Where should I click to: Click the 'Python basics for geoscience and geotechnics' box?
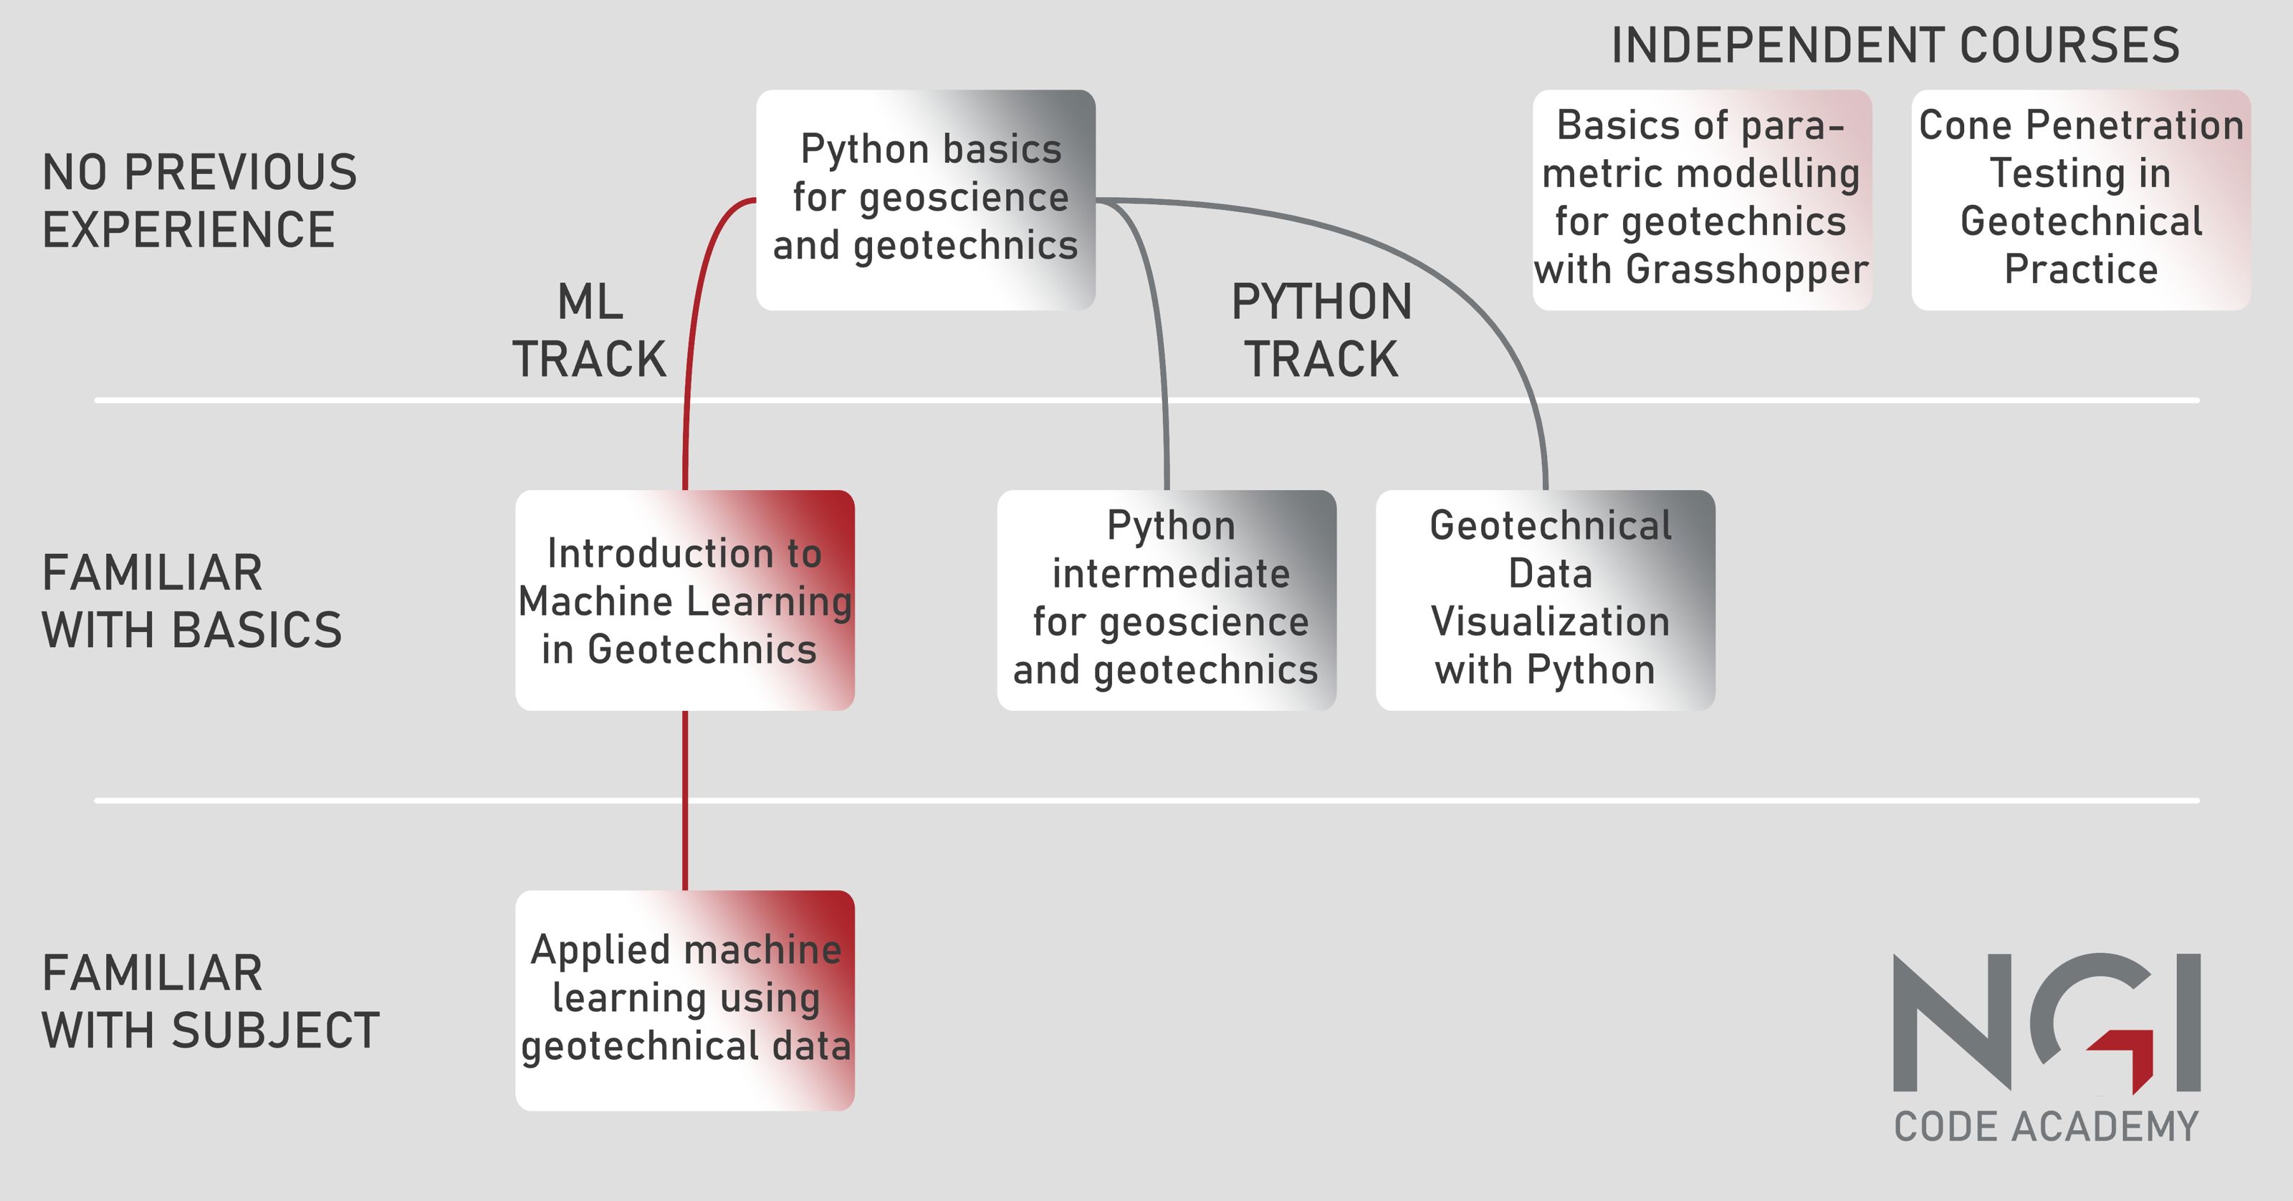(926, 201)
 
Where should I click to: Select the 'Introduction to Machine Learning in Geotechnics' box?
(684, 600)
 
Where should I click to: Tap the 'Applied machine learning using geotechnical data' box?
(684, 1000)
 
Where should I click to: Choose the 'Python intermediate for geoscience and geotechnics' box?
(1166, 600)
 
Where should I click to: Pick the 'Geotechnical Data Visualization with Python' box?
(1546, 600)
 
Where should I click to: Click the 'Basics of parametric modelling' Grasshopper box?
(1702, 201)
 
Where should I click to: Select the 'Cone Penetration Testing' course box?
(2081, 201)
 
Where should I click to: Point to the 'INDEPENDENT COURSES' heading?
(1895, 45)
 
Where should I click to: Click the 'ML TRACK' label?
(589, 330)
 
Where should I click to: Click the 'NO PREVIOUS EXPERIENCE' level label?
(199, 201)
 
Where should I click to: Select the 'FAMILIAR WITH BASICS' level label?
(192, 601)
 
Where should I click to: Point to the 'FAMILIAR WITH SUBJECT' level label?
(211, 1002)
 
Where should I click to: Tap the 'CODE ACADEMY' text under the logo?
(2047, 1126)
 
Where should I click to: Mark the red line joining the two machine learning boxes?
(684, 800)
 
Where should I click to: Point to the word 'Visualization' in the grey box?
(1550, 621)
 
